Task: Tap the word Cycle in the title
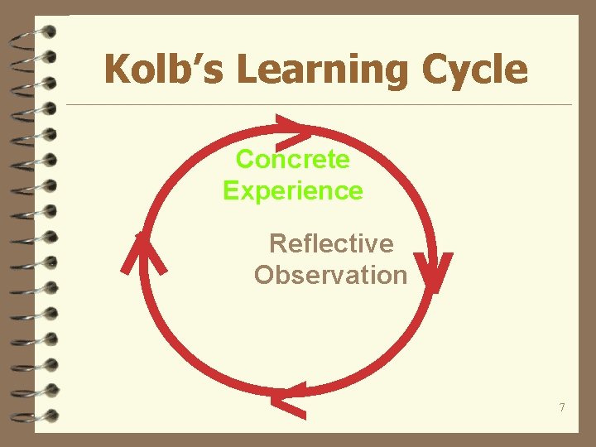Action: [x=474, y=70]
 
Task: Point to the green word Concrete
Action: [x=293, y=158]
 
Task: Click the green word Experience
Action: [x=293, y=190]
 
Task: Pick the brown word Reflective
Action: [x=331, y=243]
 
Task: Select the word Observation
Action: [x=330, y=275]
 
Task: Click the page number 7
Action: [x=562, y=407]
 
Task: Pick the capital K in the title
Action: [x=118, y=69]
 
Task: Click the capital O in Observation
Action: [x=265, y=275]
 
